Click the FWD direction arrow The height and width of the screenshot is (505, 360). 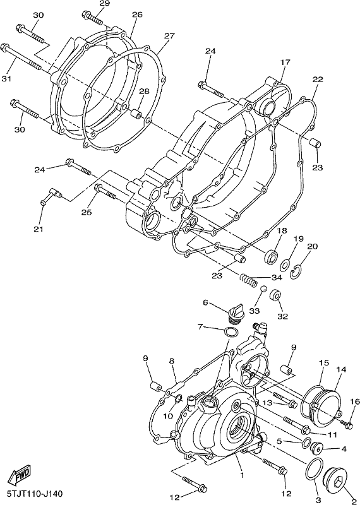20,475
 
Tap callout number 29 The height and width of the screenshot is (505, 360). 104,4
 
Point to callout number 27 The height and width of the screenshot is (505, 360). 169,36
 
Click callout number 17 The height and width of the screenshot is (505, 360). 285,62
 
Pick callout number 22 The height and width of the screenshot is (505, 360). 318,80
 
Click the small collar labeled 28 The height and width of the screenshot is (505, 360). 136,114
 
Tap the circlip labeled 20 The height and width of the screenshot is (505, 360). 296,273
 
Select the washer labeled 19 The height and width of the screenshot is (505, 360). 285,264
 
